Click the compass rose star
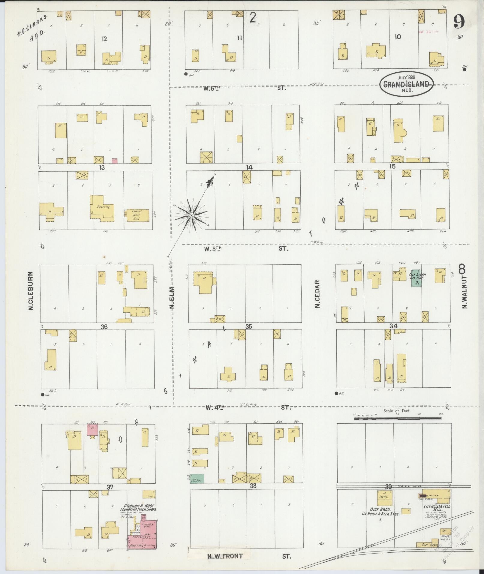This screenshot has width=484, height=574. tap(191, 215)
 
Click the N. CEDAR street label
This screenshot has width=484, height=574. tap(317, 294)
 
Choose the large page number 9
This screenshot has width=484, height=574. tap(459, 22)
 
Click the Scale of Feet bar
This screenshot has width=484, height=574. tap(398, 418)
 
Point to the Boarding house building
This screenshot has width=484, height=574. tap(101, 208)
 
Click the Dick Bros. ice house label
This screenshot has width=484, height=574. tap(380, 512)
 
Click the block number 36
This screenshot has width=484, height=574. tap(104, 327)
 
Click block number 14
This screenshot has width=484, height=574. tap(249, 167)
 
